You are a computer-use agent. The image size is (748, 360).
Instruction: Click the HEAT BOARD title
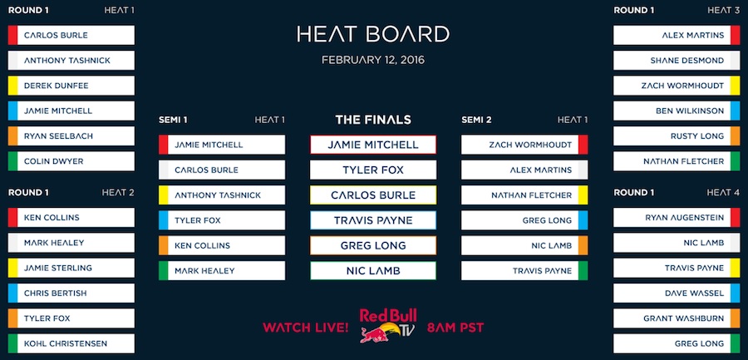tap(373, 34)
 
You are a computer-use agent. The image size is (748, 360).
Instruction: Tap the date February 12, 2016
tap(373, 60)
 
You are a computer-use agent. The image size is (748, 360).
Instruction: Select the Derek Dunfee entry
tap(71, 86)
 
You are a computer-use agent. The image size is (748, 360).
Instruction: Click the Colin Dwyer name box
tap(71, 161)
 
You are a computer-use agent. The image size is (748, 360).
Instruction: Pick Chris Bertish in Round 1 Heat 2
tap(71, 293)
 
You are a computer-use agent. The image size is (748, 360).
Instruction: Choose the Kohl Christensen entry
tap(71, 343)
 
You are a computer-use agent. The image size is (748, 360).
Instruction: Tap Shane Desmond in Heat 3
tap(677, 61)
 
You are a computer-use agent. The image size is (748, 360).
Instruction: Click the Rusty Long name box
tap(677, 136)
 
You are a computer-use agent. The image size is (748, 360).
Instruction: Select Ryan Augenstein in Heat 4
tap(677, 218)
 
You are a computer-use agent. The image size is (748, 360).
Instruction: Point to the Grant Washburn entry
tap(677, 318)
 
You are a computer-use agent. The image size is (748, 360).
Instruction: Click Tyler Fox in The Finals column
tap(373, 170)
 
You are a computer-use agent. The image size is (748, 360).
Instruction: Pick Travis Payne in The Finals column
tap(373, 220)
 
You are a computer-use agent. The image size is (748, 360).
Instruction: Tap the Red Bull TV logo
tap(388, 326)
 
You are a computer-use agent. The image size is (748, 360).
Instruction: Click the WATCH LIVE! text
tap(305, 328)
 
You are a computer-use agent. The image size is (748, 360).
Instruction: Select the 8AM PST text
tap(455, 328)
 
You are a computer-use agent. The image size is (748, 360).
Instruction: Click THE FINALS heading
tap(373, 120)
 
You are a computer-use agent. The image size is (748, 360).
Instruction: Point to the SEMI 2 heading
tap(476, 120)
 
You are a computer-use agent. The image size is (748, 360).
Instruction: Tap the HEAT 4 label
tap(723, 193)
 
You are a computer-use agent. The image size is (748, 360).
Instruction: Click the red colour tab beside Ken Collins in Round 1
tap(12, 218)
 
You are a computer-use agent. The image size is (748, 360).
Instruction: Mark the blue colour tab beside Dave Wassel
tap(736, 293)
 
